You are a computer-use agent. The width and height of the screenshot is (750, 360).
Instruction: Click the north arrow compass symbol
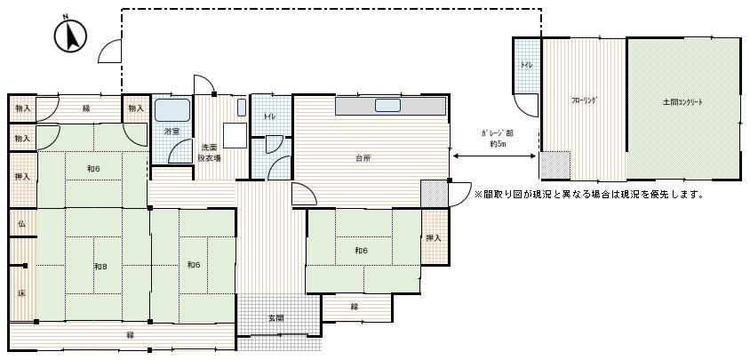[x=70, y=36]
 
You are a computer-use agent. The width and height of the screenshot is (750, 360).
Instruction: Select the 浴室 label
[x=172, y=132]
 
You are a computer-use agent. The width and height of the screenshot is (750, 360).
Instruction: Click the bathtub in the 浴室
[x=172, y=110]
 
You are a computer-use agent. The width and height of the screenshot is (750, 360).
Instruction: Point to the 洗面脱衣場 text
[x=210, y=152]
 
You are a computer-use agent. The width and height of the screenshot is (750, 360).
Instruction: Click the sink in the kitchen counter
[x=387, y=106]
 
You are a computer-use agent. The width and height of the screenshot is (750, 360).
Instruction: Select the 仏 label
[x=21, y=223]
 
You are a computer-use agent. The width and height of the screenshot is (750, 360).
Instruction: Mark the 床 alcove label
[x=21, y=292]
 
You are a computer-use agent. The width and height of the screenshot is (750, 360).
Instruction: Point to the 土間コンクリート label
[x=682, y=102]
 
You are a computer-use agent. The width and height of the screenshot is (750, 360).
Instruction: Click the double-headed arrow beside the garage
[x=495, y=156]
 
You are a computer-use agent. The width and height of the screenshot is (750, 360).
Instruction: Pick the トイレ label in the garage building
[x=527, y=66]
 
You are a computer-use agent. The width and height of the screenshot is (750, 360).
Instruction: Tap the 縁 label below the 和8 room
[x=130, y=334]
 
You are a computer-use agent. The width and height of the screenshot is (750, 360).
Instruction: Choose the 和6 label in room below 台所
[x=362, y=251]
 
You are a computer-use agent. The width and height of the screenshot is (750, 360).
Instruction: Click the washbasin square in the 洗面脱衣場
[x=232, y=136]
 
